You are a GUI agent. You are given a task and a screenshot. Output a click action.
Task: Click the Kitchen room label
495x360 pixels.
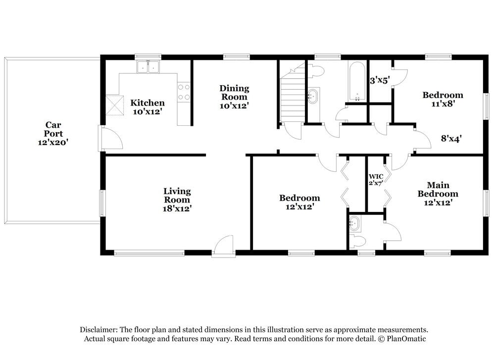point(147,103)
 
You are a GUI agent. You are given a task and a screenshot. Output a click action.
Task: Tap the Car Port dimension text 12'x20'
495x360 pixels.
point(53,142)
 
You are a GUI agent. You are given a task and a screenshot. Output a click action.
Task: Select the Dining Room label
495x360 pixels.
point(234,92)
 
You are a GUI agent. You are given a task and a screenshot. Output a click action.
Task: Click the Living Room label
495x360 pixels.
point(177,195)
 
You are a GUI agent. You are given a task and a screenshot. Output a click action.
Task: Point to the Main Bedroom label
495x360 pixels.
point(438,189)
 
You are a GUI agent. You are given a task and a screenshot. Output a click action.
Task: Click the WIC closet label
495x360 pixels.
point(376,176)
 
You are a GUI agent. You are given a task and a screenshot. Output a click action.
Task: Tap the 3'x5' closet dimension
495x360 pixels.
point(380,79)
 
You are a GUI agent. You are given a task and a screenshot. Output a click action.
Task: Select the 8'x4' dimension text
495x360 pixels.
point(451,139)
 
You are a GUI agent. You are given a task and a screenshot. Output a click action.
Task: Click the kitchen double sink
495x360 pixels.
point(148,66)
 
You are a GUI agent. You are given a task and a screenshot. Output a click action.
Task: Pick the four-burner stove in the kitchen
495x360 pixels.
point(184,92)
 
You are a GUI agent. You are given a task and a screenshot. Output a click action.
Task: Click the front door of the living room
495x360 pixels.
point(223,246)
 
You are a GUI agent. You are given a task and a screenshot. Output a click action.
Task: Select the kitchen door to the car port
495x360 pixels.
point(110,138)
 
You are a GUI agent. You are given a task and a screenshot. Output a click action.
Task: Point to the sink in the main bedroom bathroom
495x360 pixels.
point(354,224)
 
